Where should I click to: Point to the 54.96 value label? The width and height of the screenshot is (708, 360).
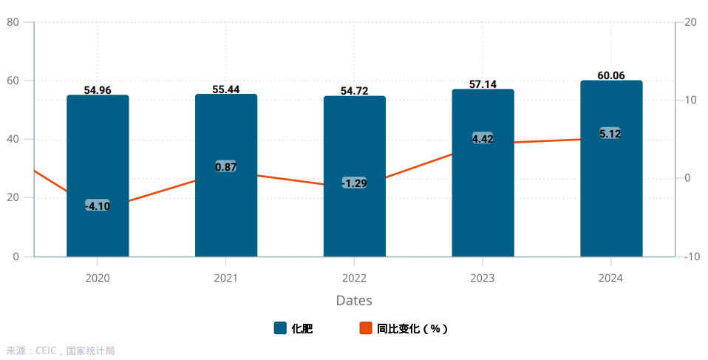pyautogui.click(x=98, y=90)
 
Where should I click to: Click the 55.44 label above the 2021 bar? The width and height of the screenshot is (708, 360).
pyautogui.click(x=225, y=89)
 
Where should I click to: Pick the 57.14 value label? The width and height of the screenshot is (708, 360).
pyautogui.click(x=483, y=84)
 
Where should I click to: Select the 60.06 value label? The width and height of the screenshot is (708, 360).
pyautogui.click(x=611, y=75)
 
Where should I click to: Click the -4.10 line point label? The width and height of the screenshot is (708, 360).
pyautogui.click(x=98, y=206)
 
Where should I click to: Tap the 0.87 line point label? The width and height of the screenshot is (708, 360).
pyautogui.click(x=225, y=167)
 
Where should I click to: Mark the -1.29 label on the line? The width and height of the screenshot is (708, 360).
pyautogui.click(x=354, y=183)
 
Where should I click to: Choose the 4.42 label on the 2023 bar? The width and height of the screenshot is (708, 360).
pyautogui.click(x=483, y=138)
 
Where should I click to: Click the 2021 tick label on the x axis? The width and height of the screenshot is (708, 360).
pyautogui.click(x=225, y=278)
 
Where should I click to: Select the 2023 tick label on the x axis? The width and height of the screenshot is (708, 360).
pyautogui.click(x=483, y=278)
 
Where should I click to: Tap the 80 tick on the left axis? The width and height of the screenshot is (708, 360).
pyautogui.click(x=13, y=22)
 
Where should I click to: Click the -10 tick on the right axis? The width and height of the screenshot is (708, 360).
pyautogui.click(x=692, y=257)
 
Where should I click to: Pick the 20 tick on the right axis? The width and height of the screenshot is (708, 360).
pyautogui.click(x=690, y=22)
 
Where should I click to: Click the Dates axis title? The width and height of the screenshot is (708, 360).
pyautogui.click(x=354, y=300)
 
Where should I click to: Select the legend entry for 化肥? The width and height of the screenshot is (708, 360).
pyautogui.click(x=293, y=328)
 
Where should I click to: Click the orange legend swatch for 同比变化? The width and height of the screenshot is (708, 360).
pyautogui.click(x=365, y=328)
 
